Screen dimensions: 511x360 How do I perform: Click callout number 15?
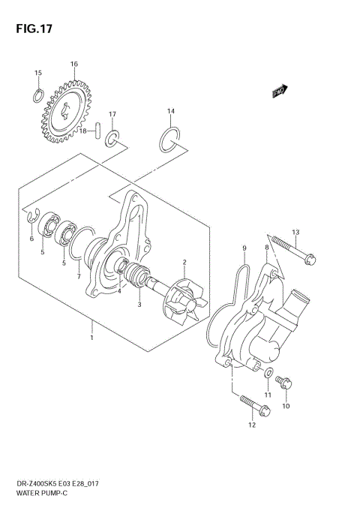point(37,73)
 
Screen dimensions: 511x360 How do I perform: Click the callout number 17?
point(112,114)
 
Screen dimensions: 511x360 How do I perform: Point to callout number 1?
point(91,338)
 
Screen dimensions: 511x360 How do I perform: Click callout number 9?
point(243,248)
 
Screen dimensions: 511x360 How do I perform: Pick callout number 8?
point(265,247)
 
